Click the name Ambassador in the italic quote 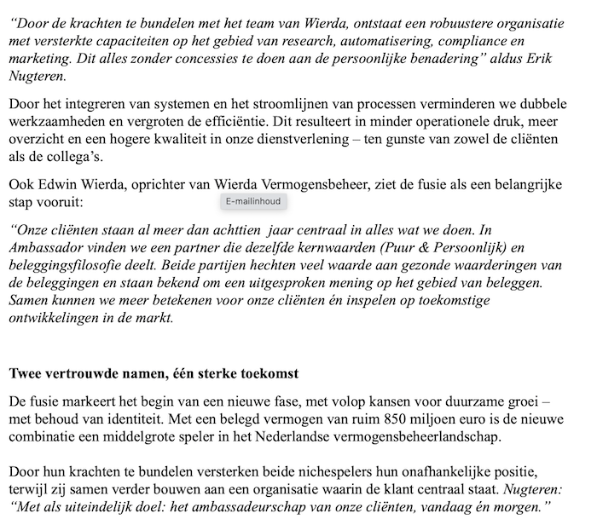(x=48, y=248)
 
